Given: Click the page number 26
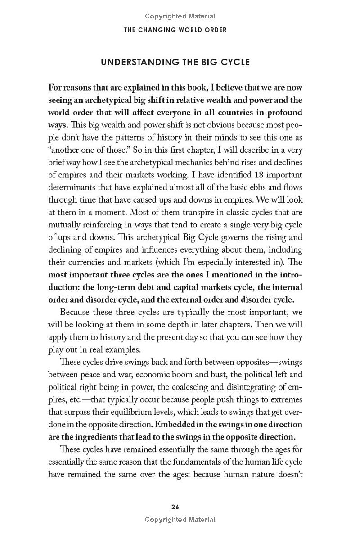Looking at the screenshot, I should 175,507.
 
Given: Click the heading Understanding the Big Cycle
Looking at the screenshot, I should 175,62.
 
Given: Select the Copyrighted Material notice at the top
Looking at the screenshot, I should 180,16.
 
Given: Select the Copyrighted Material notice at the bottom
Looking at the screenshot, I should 180,520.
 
